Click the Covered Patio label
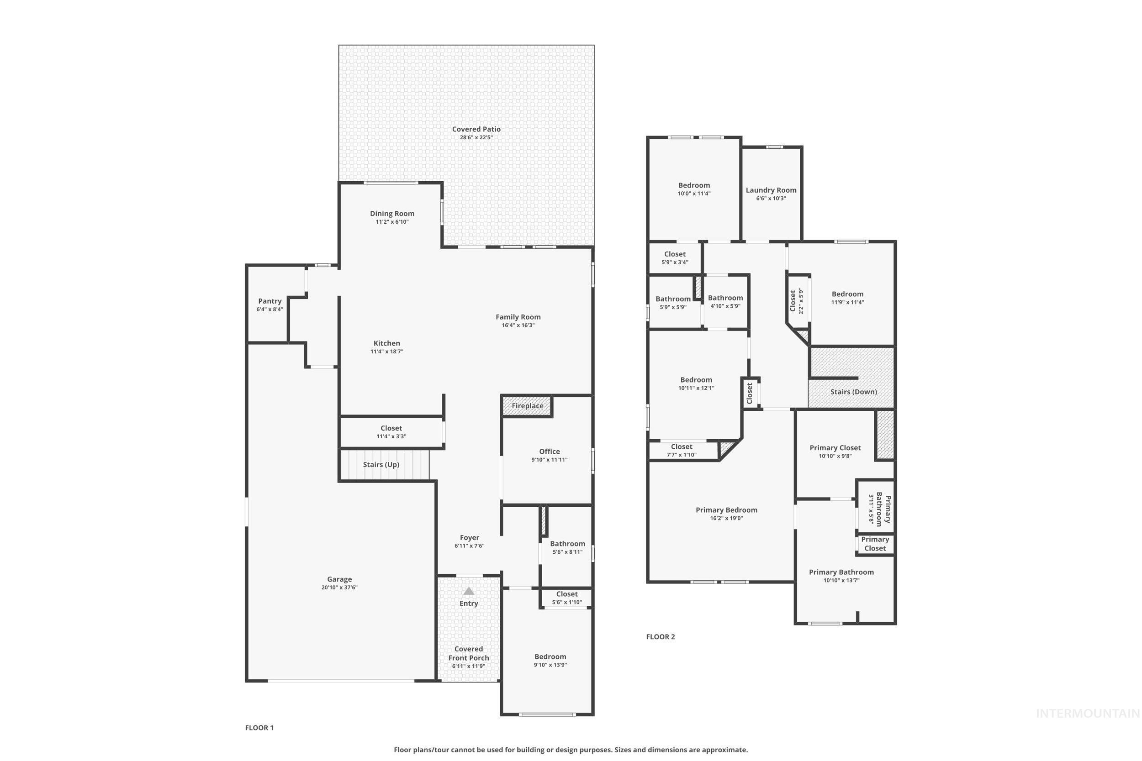pos(476,129)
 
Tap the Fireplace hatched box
pos(527,406)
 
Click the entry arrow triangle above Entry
pos(469,591)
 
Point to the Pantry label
pos(270,301)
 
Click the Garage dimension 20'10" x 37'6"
pos(339,587)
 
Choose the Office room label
pos(549,451)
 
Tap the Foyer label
pos(469,538)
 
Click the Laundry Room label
pos(771,190)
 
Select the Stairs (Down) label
pos(853,392)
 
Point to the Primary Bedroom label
pos(726,510)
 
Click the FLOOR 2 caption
pos(661,637)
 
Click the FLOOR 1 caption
pos(259,728)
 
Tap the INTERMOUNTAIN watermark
pos(1087,714)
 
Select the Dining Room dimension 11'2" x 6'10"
pos(392,222)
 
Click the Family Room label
pos(518,317)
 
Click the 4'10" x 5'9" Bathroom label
pos(725,298)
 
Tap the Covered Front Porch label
pos(468,653)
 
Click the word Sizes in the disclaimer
pos(624,750)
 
